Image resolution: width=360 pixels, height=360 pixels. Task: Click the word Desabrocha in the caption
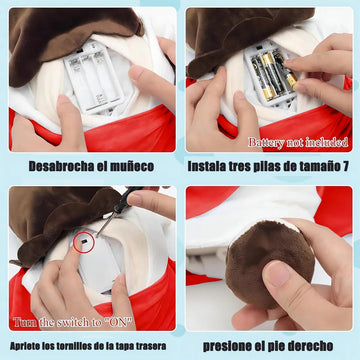point(58,166)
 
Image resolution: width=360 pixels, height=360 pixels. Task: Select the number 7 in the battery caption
point(346,166)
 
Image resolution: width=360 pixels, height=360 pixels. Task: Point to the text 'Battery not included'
point(298,142)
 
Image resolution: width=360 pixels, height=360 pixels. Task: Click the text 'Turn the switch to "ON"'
point(72,322)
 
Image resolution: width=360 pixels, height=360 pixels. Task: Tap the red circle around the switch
point(84,242)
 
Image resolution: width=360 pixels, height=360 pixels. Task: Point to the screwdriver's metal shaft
point(105,224)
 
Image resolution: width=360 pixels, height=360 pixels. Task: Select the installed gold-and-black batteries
point(274,74)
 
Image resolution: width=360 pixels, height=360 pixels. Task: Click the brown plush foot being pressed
point(270,263)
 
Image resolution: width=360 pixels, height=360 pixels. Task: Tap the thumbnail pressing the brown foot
point(278,273)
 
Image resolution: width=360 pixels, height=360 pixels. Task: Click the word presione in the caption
point(228,346)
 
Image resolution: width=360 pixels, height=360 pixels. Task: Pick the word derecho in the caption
point(309,346)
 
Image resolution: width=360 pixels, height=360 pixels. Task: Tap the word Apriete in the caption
point(24,346)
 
